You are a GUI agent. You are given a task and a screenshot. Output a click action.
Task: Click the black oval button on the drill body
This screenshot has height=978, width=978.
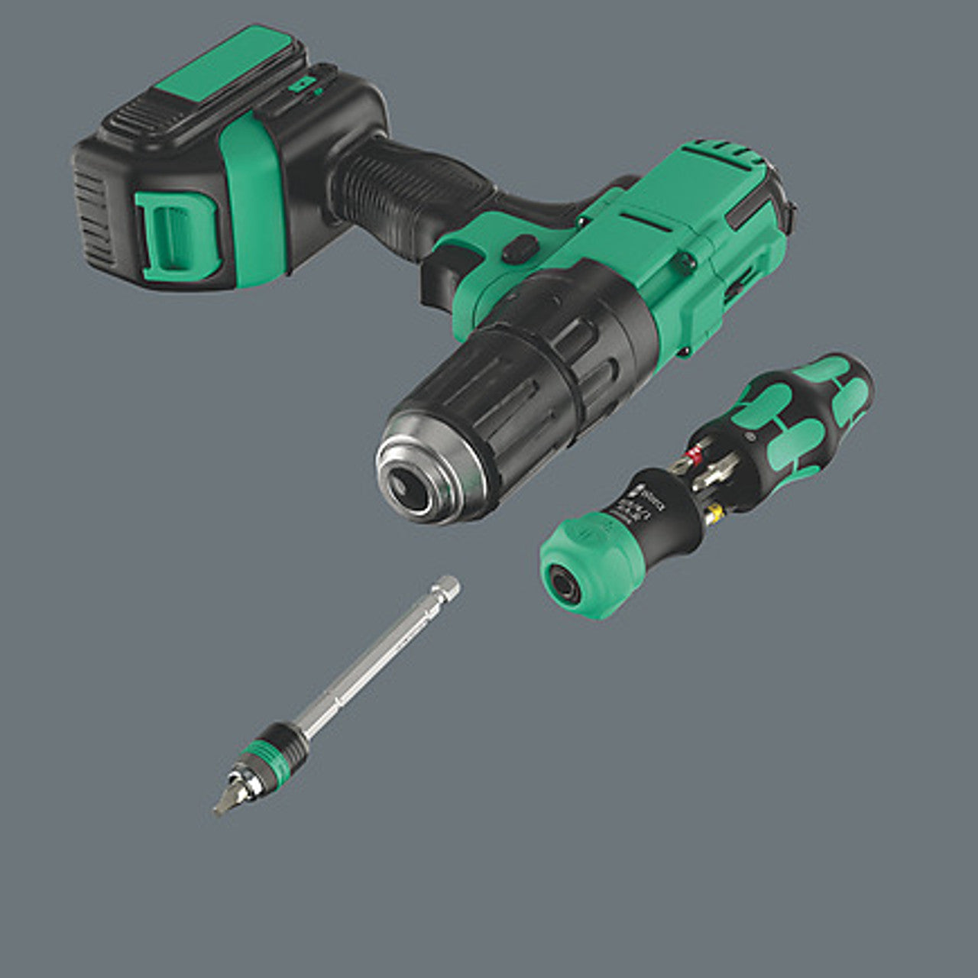(x=520, y=248)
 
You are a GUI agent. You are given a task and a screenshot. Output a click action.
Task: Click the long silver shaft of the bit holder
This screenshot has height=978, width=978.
(x=367, y=657)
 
